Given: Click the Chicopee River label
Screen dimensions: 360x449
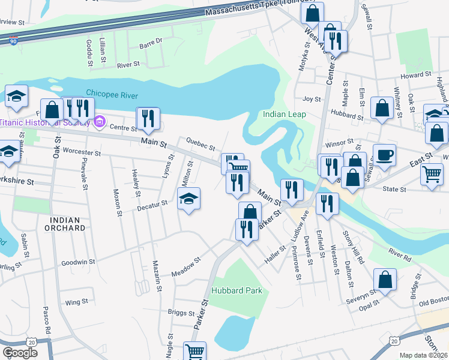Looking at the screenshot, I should pyautogui.click(x=112, y=95).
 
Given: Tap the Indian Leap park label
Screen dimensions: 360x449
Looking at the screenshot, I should pyautogui.click(x=285, y=114).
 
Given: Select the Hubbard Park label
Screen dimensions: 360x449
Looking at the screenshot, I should pyautogui.click(x=237, y=290).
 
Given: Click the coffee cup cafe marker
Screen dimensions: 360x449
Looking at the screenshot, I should pyautogui.click(x=384, y=155).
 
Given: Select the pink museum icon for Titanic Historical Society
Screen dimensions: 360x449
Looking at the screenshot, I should pyautogui.click(x=100, y=122).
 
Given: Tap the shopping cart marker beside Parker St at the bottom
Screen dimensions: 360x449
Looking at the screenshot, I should pyautogui.click(x=194, y=352).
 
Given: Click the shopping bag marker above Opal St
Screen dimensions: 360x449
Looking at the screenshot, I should pyautogui.click(x=385, y=279).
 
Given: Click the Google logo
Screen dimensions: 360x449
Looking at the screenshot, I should pyautogui.click(x=20, y=352).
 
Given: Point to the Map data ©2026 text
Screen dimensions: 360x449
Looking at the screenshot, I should pyautogui.click(x=423, y=355).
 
